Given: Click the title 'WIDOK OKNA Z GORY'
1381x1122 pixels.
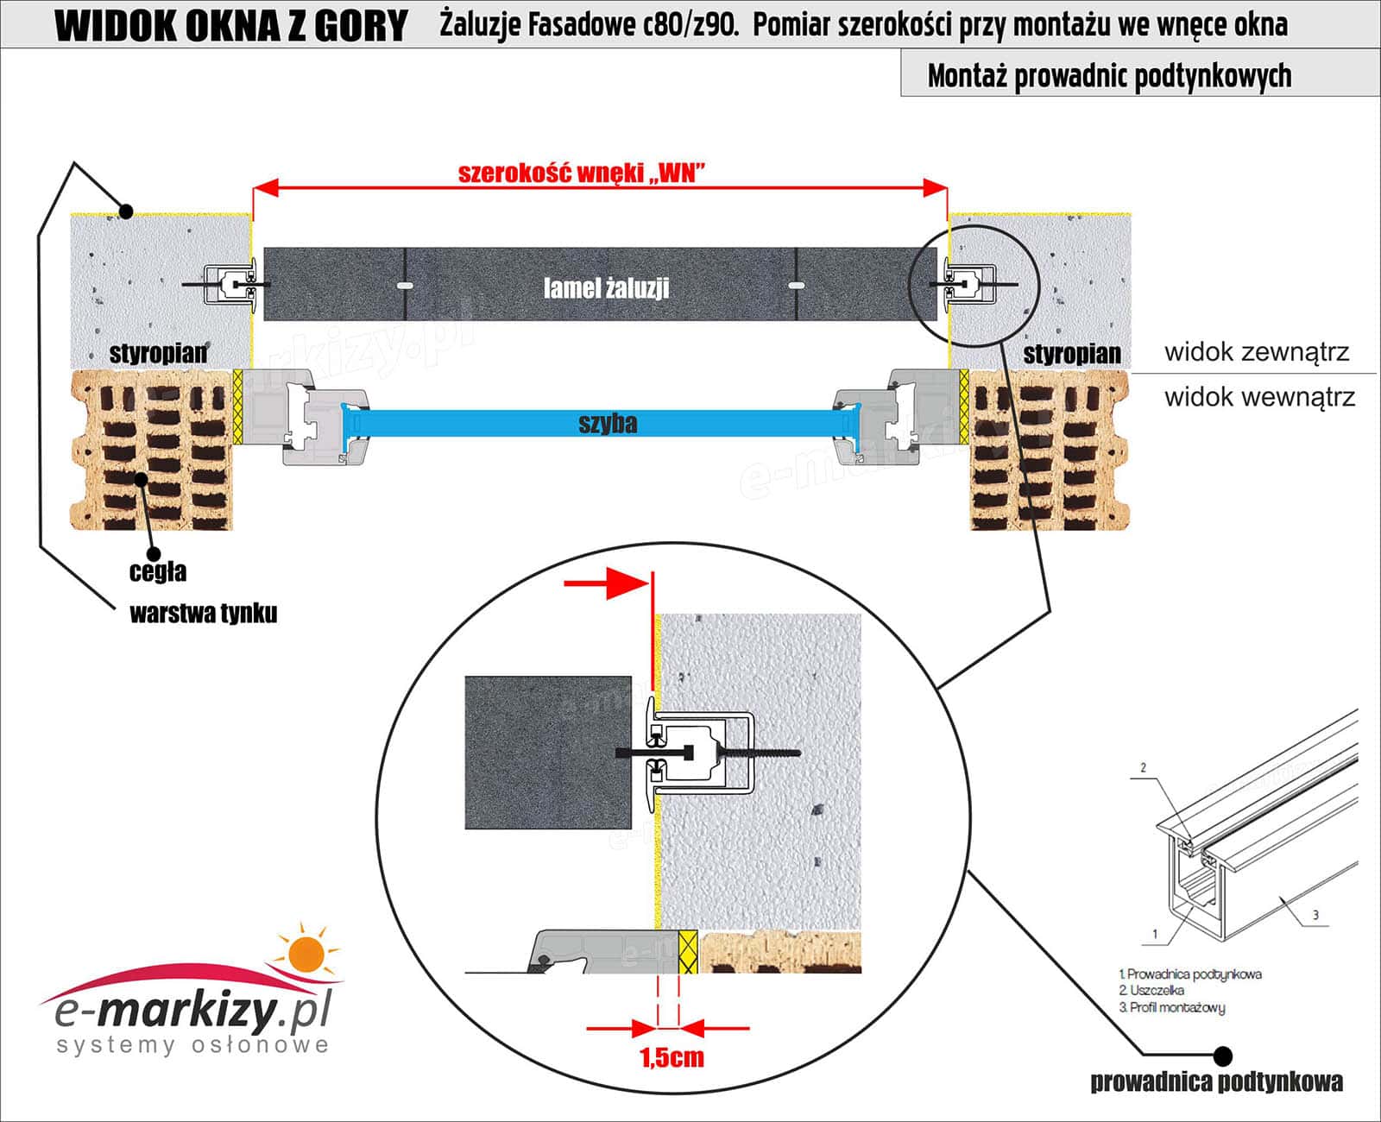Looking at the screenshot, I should [230, 26].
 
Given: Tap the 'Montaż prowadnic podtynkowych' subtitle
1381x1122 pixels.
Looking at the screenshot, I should [1109, 76].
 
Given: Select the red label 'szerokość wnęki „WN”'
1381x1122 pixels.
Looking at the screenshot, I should [581, 173].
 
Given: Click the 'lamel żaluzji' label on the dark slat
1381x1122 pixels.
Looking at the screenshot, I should [606, 287].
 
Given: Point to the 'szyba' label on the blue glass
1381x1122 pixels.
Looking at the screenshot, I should [608, 424].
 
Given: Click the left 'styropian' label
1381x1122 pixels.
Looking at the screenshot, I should [158, 352].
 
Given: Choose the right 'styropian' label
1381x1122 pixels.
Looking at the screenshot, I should [1071, 353].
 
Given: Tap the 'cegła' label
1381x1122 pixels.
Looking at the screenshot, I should [158, 572].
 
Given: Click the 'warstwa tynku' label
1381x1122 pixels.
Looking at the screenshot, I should [203, 614].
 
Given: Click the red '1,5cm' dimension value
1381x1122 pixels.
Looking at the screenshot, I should [672, 1057].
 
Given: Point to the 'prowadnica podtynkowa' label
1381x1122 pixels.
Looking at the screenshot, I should [1216, 1082].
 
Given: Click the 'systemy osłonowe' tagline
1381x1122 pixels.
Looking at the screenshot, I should [192, 1045].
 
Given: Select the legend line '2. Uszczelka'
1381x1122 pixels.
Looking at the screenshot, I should [1151, 991].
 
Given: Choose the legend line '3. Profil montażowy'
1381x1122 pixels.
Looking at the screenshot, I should [1171, 1007].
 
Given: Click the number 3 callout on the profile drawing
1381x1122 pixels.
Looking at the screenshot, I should [1315, 915].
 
